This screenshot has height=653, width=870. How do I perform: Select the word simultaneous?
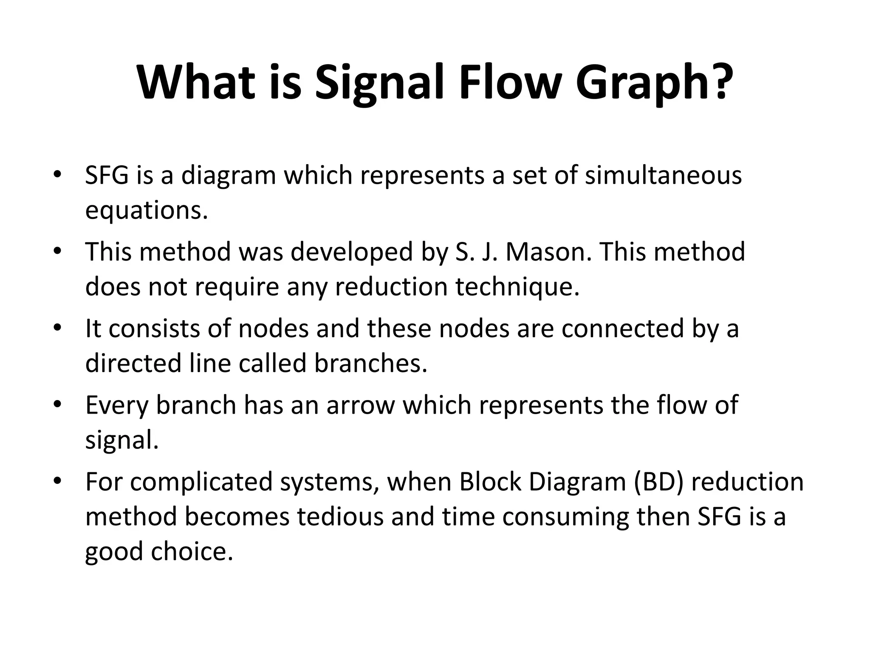(x=663, y=175)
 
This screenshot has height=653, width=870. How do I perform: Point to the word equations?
(x=147, y=210)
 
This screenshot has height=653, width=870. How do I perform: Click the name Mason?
(x=548, y=252)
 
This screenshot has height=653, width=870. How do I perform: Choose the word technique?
(x=517, y=287)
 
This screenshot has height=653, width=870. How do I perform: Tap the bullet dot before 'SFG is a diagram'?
(x=58, y=175)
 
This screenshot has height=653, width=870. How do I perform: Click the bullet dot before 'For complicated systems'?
(x=58, y=482)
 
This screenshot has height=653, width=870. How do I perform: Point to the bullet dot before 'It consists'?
(x=58, y=329)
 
